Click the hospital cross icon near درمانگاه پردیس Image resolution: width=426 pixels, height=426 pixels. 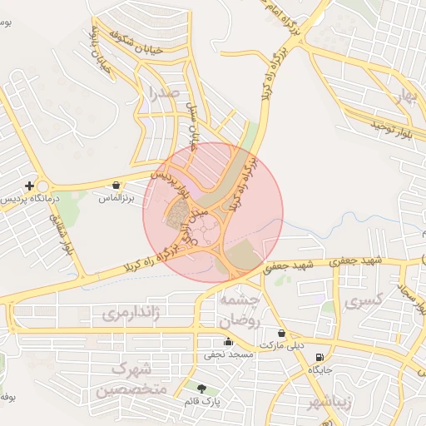30,186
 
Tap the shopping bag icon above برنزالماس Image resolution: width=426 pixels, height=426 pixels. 116,186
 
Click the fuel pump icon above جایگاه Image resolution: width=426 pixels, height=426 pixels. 315,356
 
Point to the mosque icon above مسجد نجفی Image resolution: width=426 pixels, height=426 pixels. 228,341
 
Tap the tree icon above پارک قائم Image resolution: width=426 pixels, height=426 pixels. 202,388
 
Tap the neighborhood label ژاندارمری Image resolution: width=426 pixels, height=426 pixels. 130,314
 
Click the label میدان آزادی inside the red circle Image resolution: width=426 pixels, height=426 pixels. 197,220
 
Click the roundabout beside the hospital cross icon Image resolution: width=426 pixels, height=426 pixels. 44,187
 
